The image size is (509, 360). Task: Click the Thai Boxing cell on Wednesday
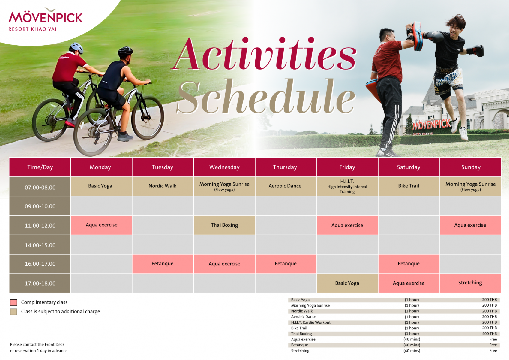click(x=224, y=225)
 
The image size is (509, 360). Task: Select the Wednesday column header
click(x=224, y=167)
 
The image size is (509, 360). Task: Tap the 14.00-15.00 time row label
click(x=40, y=245)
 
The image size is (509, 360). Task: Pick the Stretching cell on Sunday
click(x=470, y=283)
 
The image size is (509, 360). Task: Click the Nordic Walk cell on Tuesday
click(x=163, y=186)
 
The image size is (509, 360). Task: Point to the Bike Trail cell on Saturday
click(x=409, y=186)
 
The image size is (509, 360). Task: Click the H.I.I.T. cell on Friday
click(x=347, y=186)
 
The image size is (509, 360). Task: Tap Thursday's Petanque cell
click(x=286, y=264)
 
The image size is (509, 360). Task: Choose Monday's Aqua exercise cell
click(x=101, y=225)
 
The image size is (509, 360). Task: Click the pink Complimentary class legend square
click(x=13, y=302)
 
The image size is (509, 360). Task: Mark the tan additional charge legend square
click(x=13, y=312)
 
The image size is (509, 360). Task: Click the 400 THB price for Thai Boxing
click(x=489, y=334)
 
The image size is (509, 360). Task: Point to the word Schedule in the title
click(x=266, y=97)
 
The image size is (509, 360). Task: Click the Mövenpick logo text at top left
click(x=46, y=17)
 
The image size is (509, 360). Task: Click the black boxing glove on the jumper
click(x=477, y=50)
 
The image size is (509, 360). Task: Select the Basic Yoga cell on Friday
click(x=347, y=283)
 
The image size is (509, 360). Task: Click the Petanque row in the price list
click(x=394, y=345)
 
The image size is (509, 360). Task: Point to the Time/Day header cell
click(x=40, y=167)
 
